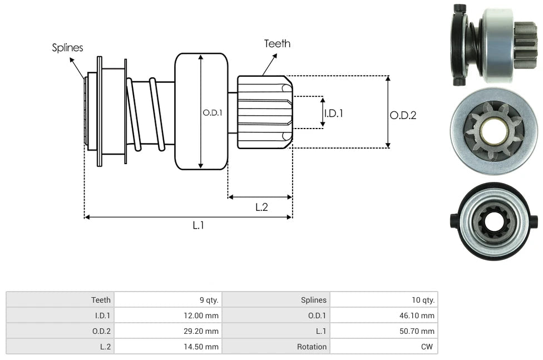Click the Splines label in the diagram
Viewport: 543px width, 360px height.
(67, 48)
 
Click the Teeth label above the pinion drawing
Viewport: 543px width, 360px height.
(277, 43)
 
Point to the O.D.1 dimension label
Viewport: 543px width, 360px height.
(213, 112)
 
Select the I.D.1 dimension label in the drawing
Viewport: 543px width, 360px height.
(334, 113)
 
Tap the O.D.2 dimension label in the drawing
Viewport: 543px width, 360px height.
(403, 115)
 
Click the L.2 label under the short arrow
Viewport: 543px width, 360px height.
(261, 207)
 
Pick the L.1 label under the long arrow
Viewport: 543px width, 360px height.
(199, 225)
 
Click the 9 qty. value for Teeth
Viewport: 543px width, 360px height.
(209, 300)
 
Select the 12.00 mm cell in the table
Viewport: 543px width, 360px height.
(203, 315)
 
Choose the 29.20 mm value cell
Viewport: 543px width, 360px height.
(203, 331)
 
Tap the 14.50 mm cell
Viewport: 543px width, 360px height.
(203, 347)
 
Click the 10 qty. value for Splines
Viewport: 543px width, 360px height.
(423, 300)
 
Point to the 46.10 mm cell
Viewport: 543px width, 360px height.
(419, 315)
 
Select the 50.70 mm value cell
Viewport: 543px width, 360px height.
(419, 331)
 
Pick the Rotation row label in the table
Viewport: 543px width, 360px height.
(312, 347)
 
